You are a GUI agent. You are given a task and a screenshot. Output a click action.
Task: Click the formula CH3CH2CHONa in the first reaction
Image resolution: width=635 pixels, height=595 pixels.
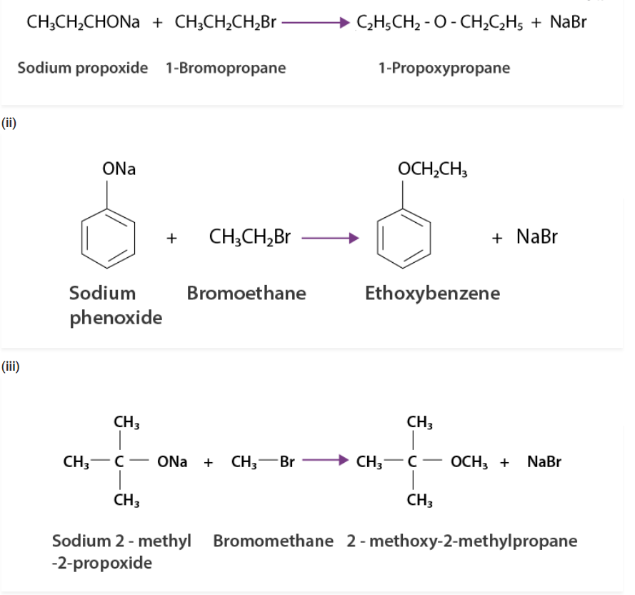pyautogui.click(x=83, y=23)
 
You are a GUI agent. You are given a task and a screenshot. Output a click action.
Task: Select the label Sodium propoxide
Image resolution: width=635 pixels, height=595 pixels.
pyautogui.click(x=83, y=69)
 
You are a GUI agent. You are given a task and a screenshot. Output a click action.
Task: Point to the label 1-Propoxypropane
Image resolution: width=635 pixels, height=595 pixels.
pyautogui.click(x=444, y=69)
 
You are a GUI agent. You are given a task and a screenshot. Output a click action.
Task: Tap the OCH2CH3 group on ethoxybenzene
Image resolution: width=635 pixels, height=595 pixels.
pyautogui.click(x=432, y=170)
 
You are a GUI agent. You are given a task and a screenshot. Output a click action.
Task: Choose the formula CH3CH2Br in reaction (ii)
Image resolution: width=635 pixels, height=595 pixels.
pyautogui.click(x=249, y=237)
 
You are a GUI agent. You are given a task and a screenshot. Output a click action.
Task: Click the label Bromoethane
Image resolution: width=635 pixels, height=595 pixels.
pyautogui.click(x=246, y=293)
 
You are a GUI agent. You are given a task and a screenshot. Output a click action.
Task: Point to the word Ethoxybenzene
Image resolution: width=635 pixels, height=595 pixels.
pyautogui.click(x=432, y=293)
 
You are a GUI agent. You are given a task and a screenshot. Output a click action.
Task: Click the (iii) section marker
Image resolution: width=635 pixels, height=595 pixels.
pyautogui.click(x=11, y=367)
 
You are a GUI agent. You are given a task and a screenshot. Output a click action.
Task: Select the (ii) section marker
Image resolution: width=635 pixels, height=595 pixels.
pyautogui.click(x=9, y=123)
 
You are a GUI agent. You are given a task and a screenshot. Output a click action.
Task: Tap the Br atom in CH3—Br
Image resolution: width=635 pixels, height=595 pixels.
pyautogui.click(x=287, y=461)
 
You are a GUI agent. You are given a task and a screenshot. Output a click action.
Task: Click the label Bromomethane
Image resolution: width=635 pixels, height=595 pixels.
pyautogui.click(x=273, y=540)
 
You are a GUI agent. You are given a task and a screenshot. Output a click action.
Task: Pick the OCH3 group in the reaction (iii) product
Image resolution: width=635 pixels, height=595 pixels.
pyautogui.click(x=468, y=461)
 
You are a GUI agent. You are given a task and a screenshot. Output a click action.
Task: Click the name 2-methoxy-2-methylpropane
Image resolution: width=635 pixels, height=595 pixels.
pyautogui.click(x=462, y=540)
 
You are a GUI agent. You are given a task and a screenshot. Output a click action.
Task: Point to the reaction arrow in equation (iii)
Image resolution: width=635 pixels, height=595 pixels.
pyautogui.click(x=325, y=461)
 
